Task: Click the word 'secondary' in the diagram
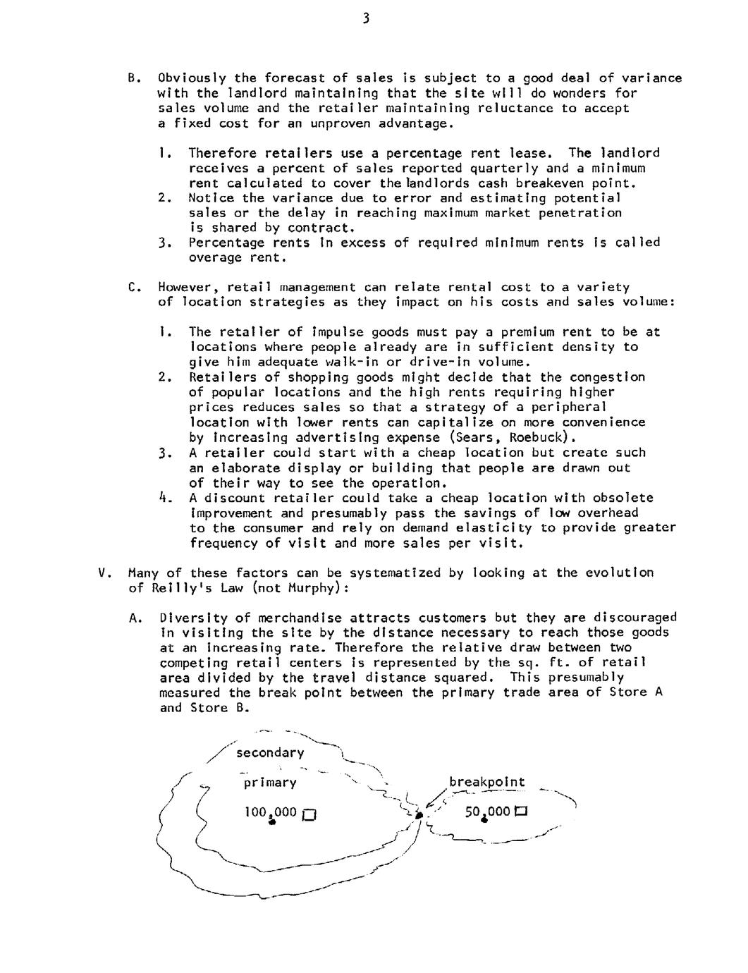(270, 753)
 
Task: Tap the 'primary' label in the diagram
(270, 783)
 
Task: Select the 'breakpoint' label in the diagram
(486, 782)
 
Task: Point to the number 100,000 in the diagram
(270, 812)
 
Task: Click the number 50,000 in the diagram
(487, 812)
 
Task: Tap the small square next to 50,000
(522, 812)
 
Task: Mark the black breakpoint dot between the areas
(419, 814)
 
